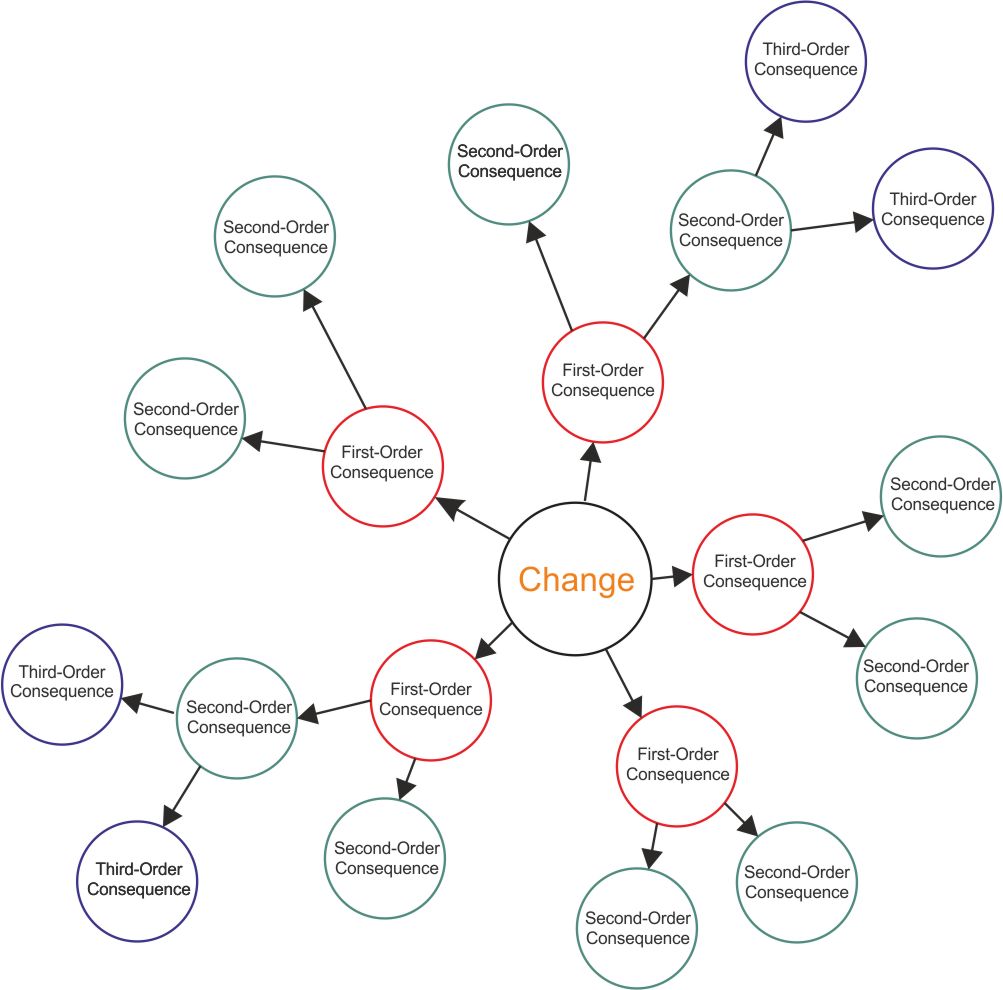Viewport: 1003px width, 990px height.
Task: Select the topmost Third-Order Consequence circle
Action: click(806, 59)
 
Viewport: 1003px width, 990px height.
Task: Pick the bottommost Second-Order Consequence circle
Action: click(638, 928)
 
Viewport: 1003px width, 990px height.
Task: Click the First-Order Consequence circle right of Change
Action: click(753, 572)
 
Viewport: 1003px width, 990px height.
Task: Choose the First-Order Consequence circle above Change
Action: click(603, 381)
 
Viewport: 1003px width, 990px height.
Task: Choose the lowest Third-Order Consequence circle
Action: click(136, 880)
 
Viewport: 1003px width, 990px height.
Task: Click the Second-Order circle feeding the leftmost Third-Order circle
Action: click(238, 717)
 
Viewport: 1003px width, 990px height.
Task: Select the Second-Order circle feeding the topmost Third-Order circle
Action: click(730, 231)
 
